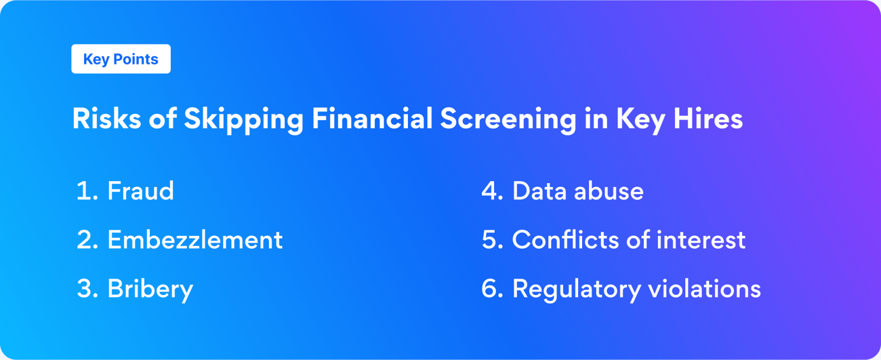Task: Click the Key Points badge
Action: (121, 59)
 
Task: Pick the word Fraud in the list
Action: (140, 191)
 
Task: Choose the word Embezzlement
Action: (194, 240)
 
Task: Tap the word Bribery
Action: (150, 289)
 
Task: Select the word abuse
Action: (608, 191)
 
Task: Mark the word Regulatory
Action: (576, 289)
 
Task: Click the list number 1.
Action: (83, 191)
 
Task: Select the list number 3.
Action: (85, 289)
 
